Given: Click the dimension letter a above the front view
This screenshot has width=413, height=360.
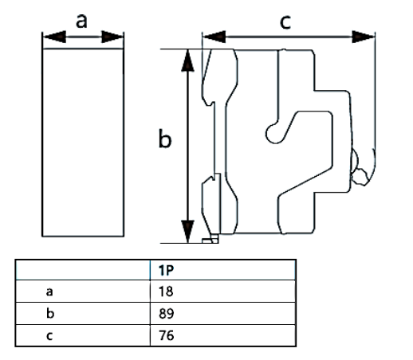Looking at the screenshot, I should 82,20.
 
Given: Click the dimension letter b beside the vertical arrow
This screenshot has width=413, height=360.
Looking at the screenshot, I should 165,139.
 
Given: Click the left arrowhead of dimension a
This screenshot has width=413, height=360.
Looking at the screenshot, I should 47,37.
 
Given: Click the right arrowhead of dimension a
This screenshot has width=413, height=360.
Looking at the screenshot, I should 119,37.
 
